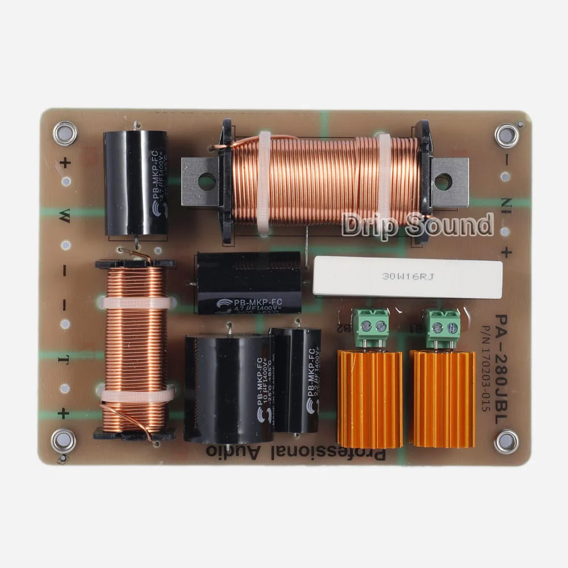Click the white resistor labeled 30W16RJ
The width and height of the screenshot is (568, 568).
pos(407,277)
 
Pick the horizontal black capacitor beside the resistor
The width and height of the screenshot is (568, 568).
pos(249,283)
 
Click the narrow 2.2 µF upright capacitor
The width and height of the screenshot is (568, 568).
pos(295,380)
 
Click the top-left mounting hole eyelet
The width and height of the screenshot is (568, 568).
pos(65,133)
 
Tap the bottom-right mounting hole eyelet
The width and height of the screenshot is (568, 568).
pos(506,441)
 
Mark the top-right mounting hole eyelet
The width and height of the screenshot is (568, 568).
pos(506,135)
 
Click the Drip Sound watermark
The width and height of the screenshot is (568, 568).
pos(417,225)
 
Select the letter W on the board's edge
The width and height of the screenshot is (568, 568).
pos(65,214)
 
